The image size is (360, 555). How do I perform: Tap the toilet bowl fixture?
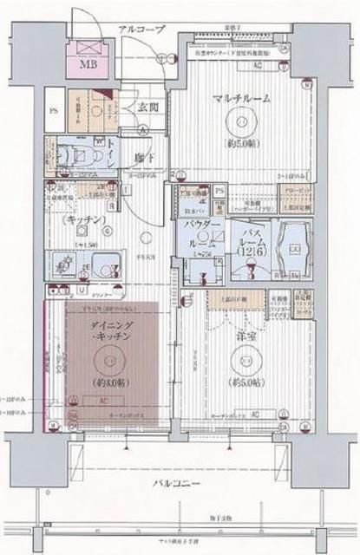coord(69,151)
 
